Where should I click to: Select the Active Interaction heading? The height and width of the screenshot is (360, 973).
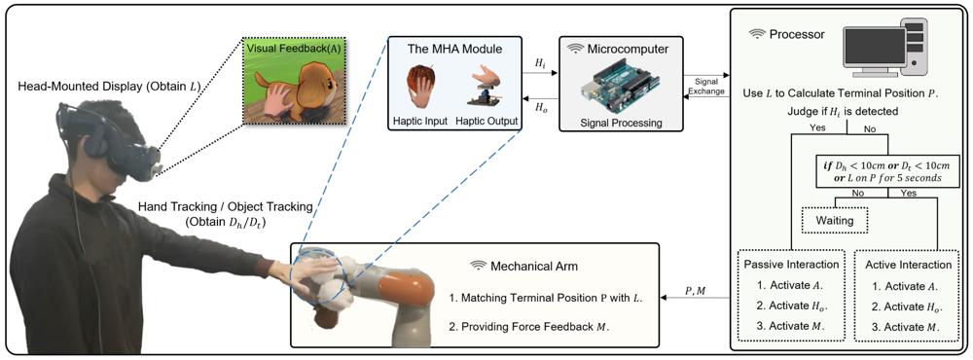tap(905, 265)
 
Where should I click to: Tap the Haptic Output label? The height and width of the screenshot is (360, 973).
tap(488, 121)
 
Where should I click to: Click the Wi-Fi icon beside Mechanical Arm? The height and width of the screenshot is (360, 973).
tap(478, 266)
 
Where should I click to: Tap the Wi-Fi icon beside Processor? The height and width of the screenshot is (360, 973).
tap(757, 35)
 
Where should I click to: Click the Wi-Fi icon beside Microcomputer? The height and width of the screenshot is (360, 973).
tap(576, 49)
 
